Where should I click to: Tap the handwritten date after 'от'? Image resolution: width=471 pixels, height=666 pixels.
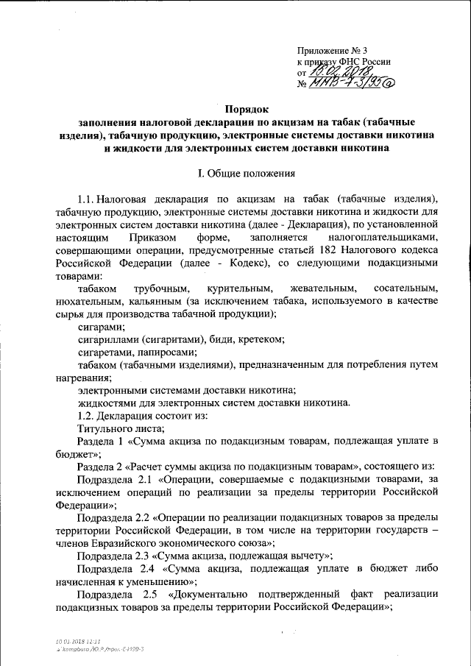click(341, 72)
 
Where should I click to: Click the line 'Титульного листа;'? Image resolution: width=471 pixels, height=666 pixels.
click(120, 428)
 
